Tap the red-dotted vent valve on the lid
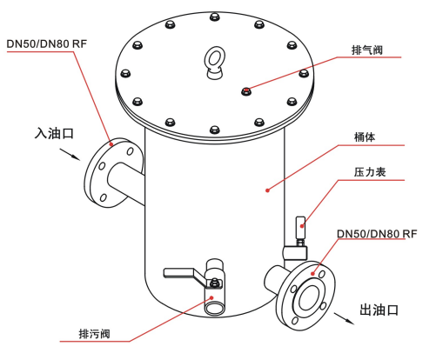pos(246,92)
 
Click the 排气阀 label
pos(367,50)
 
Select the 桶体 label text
pos(365,137)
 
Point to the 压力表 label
pos(370,172)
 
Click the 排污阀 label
pos(95,334)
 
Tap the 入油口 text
pos(54,133)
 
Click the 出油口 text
pos(379,310)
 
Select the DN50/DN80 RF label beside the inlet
pos(47,43)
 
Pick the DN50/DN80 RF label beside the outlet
pos(377,234)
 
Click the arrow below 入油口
pos(70,155)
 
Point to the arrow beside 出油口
pos(345,318)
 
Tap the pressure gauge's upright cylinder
pos(300,227)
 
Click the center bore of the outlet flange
pos(309,297)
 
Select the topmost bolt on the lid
pos(214,17)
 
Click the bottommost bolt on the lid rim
pos(214,130)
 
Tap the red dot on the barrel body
pos(268,190)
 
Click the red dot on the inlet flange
pos(111,143)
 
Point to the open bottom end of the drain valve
pos(215,307)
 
